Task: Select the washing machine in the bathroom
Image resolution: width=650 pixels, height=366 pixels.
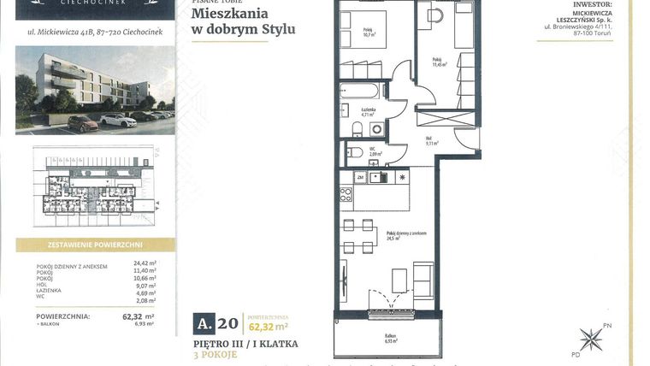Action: pos(377,128)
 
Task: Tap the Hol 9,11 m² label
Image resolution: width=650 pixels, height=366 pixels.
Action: pos(432,141)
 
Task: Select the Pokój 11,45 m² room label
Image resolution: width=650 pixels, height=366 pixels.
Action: pos(440,62)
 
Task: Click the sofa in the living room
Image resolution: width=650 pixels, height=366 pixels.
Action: pos(422,279)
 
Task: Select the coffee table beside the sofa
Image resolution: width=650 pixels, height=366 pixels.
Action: pos(399,279)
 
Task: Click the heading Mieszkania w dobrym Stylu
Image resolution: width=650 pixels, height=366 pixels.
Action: pos(243,21)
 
